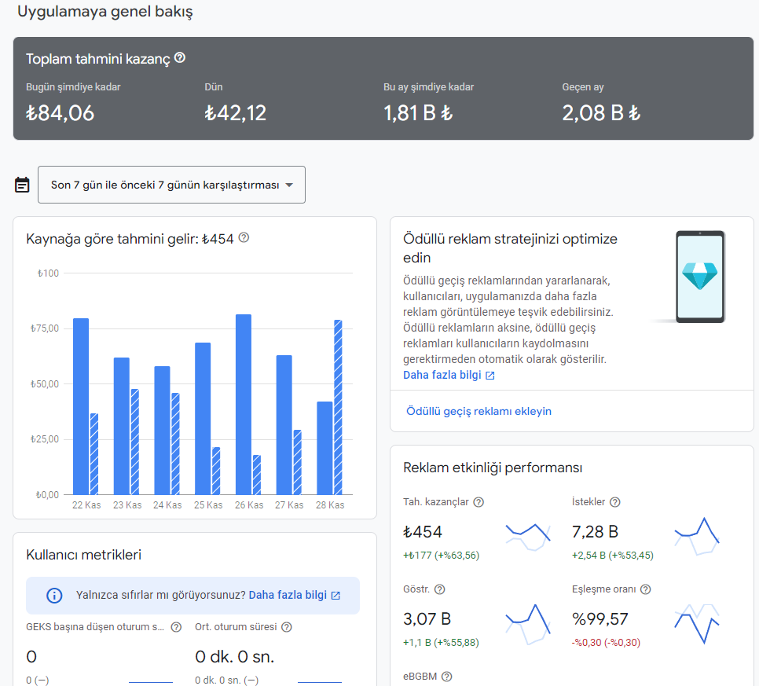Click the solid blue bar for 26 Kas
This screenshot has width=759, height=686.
(x=244, y=404)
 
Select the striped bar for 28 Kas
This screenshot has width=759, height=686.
(x=338, y=407)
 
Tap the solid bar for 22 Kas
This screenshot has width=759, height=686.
(x=81, y=406)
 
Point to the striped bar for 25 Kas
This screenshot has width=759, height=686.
(x=216, y=471)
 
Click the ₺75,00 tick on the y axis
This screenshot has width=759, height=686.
(x=45, y=328)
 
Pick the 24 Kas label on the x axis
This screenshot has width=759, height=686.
(x=167, y=505)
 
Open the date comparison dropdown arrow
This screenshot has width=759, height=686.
(x=289, y=185)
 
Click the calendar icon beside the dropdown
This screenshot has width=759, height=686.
(x=22, y=185)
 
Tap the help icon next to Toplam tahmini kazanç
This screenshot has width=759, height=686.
(x=180, y=57)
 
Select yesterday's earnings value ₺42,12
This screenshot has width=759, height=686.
(x=235, y=113)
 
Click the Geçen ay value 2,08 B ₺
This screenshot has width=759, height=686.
(x=601, y=113)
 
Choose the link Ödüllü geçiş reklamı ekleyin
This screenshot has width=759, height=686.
(x=478, y=411)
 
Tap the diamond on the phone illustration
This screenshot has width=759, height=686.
(x=699, y=276)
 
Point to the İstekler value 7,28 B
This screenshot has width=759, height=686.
(x=595, y=531)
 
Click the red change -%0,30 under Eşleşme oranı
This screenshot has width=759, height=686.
(x=606, y=643)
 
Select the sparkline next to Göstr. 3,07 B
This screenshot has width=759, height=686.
(x=528, y=625)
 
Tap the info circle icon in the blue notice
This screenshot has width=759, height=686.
(x=54, y=596)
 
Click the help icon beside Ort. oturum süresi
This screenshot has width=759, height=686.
(x=287, y=627)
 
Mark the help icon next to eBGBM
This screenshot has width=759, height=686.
(x=447, y=677)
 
